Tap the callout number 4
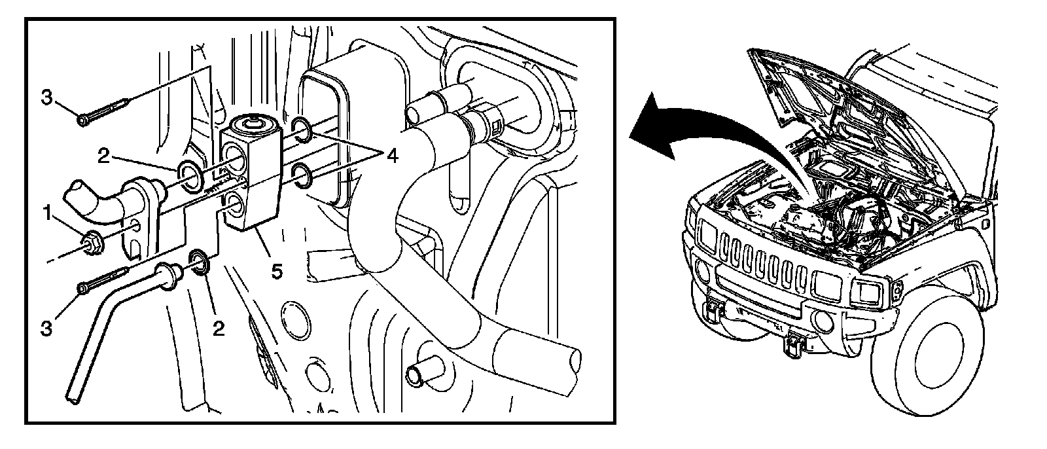click(x=391, y=156)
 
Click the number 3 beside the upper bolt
click(x=46, y=98)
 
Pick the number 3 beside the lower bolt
click(x=46, y=328)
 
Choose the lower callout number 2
click(x=219, y=327)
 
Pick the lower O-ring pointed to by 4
click(x=301, y=175)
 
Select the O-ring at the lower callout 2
click(x=198, y=260)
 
